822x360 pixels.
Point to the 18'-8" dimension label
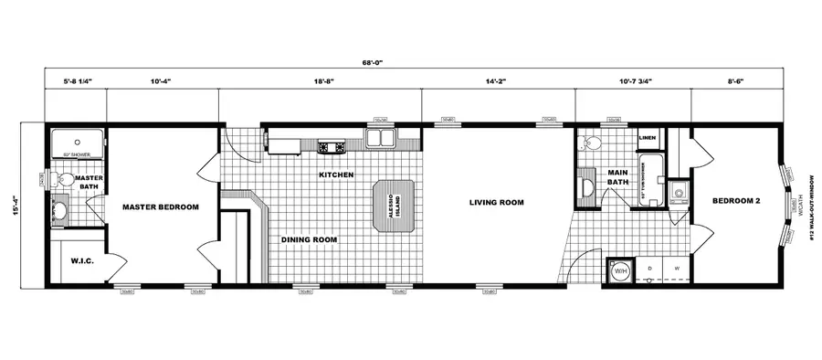pyautogui.click(x=321, y=82)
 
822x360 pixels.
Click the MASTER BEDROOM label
pyautogui.click(x=161, y=207)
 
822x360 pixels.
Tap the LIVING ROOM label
pyautogui.click(x=496, y=202)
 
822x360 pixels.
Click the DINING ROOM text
pyautogui.click(x=309, y=240)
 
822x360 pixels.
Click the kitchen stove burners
pyautogui.click(x=330, y=146)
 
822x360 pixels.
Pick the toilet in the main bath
pyautogui.click(x=591, y=142)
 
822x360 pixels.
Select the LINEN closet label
pyautogui.click(x=647, y=139)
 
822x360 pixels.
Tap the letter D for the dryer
pyautogui.click(x=650, y=268)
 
